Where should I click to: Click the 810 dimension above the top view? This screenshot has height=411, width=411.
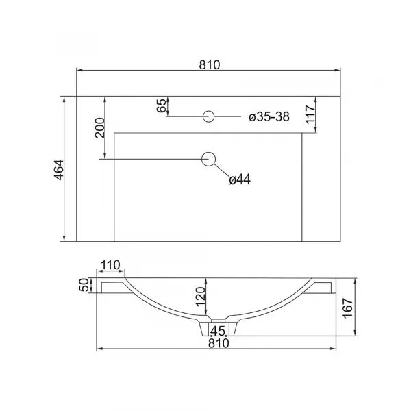coord(210,65)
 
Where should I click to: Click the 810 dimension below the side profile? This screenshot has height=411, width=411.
coord(219,343)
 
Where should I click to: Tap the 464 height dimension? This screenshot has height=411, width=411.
coord(59,170)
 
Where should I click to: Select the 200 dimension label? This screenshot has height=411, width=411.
coord(100,127)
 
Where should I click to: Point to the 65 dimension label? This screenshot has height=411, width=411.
coord(162,105)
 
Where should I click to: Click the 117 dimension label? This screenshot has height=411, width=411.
coord(310,114)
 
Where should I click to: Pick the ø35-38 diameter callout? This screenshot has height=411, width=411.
coord(269,116)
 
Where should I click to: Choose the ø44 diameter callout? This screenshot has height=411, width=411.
coord(240,179)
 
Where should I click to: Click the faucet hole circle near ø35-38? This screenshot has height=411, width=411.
coord(209,116)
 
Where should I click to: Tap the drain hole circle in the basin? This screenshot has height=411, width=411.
coord(209,159)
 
